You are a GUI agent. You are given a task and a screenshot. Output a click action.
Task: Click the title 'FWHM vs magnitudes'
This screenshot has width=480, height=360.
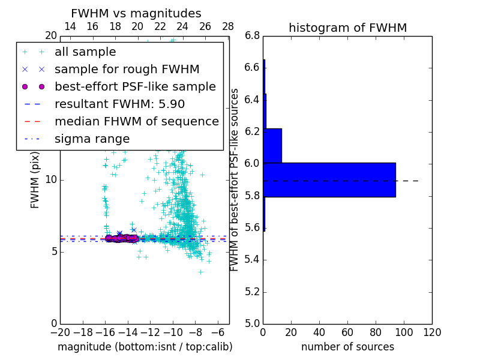click(136, 13)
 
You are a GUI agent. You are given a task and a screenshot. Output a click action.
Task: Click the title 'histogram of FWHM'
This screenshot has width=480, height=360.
click(347, 28)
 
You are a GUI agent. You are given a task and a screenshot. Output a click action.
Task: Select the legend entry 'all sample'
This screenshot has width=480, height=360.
click(85, 52)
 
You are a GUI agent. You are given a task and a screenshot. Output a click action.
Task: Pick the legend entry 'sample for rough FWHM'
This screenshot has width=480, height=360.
click(127, 70)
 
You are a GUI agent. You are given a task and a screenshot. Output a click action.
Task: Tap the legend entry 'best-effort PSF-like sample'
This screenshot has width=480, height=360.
click(135, 87)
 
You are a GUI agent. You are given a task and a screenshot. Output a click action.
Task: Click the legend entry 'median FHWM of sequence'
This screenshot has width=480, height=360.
click(136, 122)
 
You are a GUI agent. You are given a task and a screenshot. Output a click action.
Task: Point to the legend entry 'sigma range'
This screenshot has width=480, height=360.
click(92, 139)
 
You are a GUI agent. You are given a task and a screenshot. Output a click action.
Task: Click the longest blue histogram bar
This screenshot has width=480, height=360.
click(329, 179)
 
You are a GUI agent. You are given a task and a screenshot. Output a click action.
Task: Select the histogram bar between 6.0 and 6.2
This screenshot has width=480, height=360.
click(272, 146)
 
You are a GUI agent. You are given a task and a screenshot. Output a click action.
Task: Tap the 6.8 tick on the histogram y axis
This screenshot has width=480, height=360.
click(253, 36)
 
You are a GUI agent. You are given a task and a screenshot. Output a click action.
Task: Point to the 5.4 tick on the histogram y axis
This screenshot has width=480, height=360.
click(253, 260)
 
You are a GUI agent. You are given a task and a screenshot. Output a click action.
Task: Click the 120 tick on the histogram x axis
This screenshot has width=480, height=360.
click(432, 332)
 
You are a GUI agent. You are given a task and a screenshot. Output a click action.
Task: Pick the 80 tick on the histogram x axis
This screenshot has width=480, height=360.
click(376, 332)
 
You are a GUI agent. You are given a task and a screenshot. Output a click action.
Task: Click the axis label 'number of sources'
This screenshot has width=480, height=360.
click(347, 347)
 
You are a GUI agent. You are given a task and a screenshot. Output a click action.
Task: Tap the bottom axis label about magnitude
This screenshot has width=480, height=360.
click(145, 347)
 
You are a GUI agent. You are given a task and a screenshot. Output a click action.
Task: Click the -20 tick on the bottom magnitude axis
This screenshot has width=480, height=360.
click(60, 332)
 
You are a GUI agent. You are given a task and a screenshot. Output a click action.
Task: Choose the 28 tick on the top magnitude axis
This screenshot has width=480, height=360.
click(228, 26)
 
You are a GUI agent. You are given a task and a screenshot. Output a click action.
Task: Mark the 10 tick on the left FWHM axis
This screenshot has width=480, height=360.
click(51, 180)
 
